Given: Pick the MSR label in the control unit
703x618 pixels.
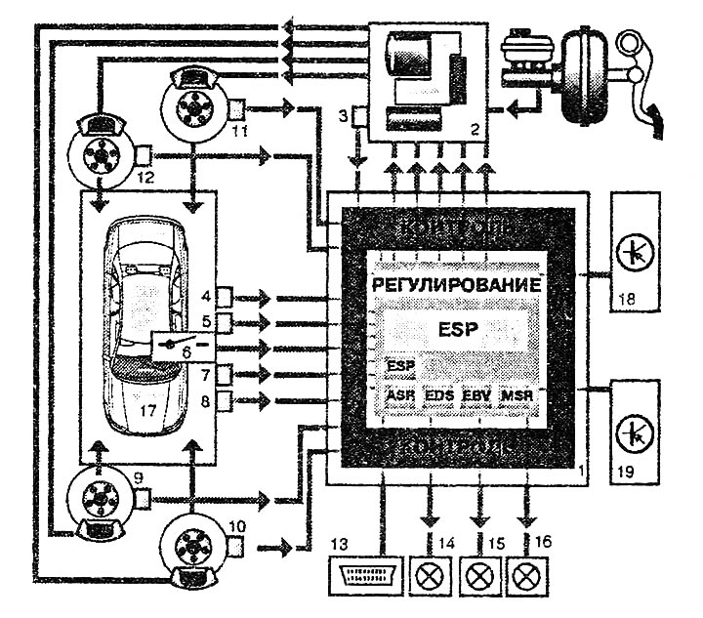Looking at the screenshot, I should pyautogui.click(x=517, y=396).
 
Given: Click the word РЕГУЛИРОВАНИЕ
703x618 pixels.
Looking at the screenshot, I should pyautogui.click(x=456, y=286).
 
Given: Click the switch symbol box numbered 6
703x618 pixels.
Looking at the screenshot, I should pyautogui.click(x=186, y=346).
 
